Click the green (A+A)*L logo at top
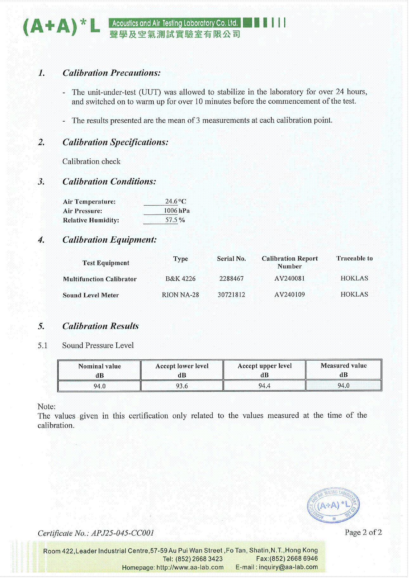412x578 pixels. tap(61, 27)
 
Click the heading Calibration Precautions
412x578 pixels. tap(111, 73)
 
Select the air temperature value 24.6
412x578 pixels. tap(171, 201)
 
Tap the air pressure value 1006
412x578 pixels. tap(171, 211)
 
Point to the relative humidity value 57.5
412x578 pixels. tap(171, 220)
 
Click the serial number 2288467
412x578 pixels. tap(231, 279)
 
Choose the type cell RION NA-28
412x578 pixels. tap(180, 295)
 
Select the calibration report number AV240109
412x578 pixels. tap(289, 294)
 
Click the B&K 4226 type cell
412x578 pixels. tap(180, 279)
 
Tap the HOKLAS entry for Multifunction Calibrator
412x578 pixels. tap(354, 278)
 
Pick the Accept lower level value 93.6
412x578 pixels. tap(182, 386)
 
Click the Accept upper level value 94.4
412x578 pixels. tap(264, 386)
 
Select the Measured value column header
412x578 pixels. tap(344, 370)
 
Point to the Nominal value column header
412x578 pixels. tap(100, 370)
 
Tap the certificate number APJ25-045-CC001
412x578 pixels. tap(122, 533)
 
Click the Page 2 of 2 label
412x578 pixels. tap(363, 532)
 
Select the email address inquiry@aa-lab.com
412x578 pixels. tap(288, 567)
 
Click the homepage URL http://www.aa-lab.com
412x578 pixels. tap(190, 567)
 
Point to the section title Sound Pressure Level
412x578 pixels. tap(98, 345)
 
